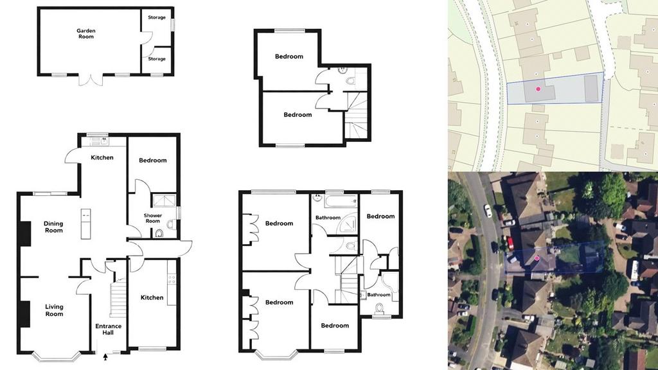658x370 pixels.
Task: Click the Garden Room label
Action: [x=86, y=33]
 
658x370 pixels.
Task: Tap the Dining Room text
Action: [x=54, y=227]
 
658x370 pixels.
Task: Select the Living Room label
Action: [x=54, y=310]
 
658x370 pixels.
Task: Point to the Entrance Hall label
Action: [x=108, y=330]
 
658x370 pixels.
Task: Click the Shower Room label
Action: [x=153, y=218]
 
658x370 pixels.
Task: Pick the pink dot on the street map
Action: [x=538, y=89]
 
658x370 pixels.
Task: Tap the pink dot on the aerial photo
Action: [x=537, y=258]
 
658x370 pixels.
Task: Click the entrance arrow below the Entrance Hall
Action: [x=105, y=357]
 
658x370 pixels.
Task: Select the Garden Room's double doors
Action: [x=91, y=80]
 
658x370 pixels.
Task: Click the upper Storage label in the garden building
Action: [x=157, y=17]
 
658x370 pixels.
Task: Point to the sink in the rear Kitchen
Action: [x=103, y=141]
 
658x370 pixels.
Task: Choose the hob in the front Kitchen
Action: [x=171, y=279]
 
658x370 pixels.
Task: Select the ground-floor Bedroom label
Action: [x=153, y=160]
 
